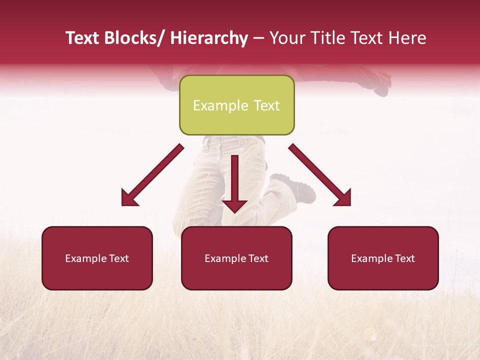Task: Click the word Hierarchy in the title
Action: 209,38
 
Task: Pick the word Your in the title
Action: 287,38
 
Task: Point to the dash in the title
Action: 258,38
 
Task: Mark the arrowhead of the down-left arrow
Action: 129,198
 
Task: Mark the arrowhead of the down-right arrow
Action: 344,198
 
